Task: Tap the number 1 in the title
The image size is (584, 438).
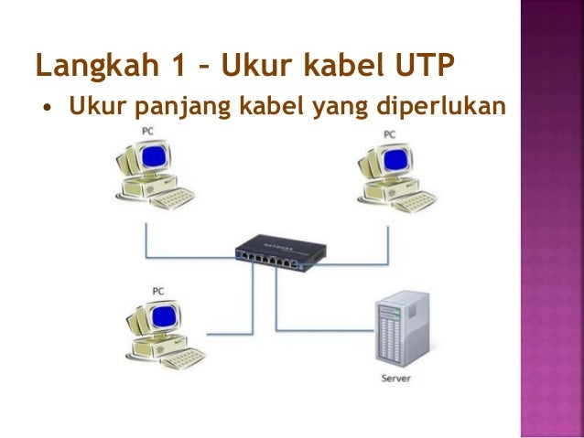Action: pos(164,66)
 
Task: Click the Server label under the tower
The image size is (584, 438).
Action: pos(396,378)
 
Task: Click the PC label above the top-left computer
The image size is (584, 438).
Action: pos(147,132)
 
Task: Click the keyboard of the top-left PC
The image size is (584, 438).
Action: pos(174,198)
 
